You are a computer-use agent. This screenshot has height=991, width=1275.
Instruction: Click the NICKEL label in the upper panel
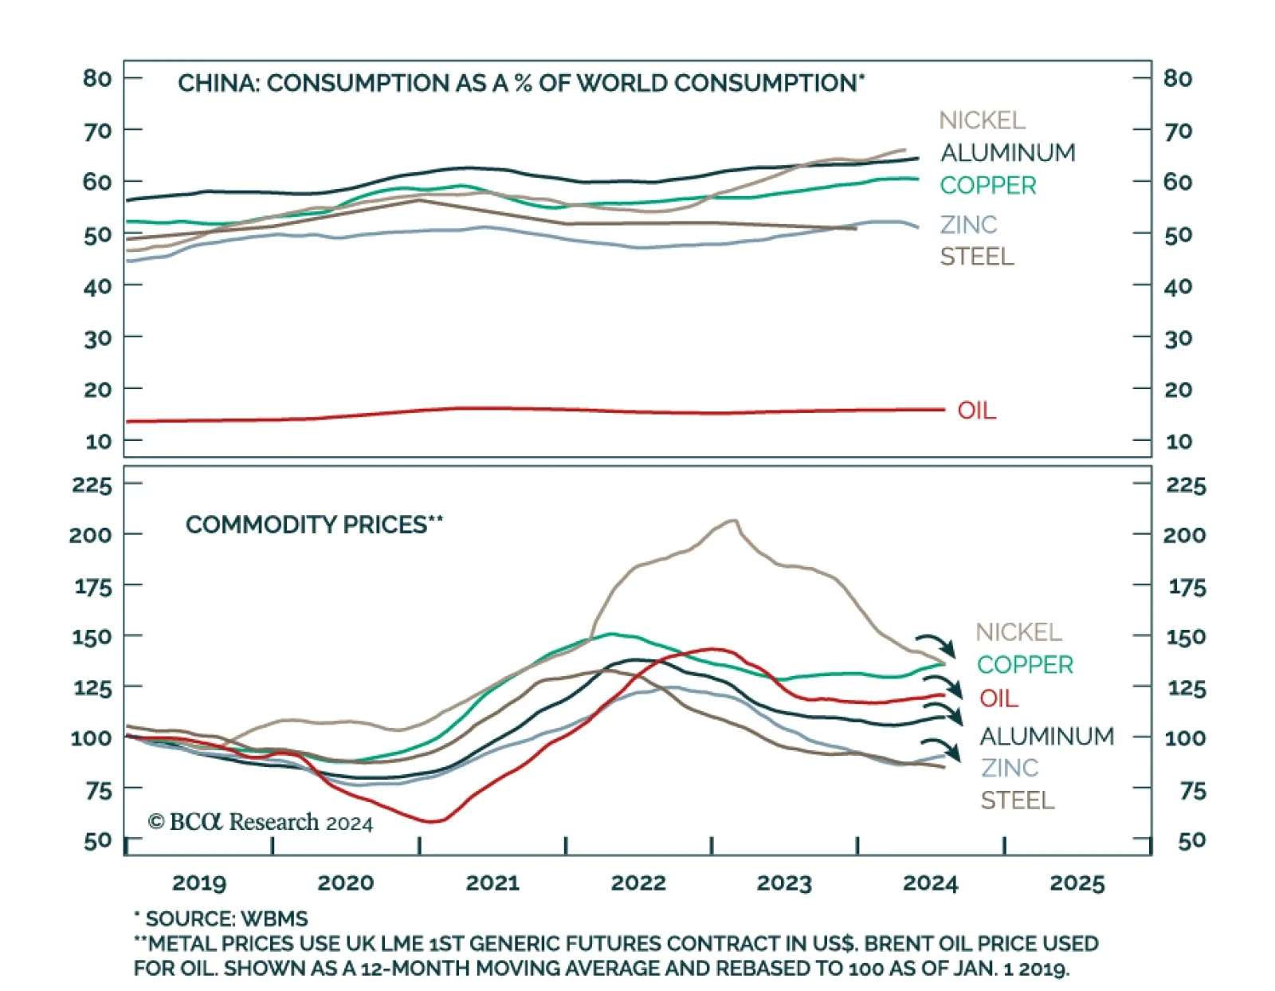[982, 120]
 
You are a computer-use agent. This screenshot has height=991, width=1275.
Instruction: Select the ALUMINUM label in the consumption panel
[1007, 152]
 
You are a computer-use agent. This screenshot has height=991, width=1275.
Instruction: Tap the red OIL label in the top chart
[976, 411]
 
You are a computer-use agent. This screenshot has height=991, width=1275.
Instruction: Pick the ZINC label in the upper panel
[968, 225]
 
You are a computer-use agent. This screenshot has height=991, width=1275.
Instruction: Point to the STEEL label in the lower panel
[1017, 800]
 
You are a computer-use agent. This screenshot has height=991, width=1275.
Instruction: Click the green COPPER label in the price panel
[1025, 664]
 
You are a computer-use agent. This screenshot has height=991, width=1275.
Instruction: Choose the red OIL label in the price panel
[998, 698]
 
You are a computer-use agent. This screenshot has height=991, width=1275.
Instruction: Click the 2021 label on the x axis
[492, 883]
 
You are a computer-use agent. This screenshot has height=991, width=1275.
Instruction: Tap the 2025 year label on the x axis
[1077, 883]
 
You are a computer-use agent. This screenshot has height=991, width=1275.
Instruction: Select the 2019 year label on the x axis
[199, 883]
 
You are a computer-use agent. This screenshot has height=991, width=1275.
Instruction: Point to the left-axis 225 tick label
[92, 485]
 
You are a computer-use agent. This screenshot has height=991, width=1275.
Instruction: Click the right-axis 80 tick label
[1178, 78]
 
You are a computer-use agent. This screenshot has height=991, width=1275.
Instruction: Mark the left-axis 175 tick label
[93, 587]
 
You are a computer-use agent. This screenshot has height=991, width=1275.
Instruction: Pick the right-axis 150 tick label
[1186, 637]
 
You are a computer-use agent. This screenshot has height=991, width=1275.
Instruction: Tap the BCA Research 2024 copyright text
[261, 822]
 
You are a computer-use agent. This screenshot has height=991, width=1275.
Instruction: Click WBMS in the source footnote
[274, 918]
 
